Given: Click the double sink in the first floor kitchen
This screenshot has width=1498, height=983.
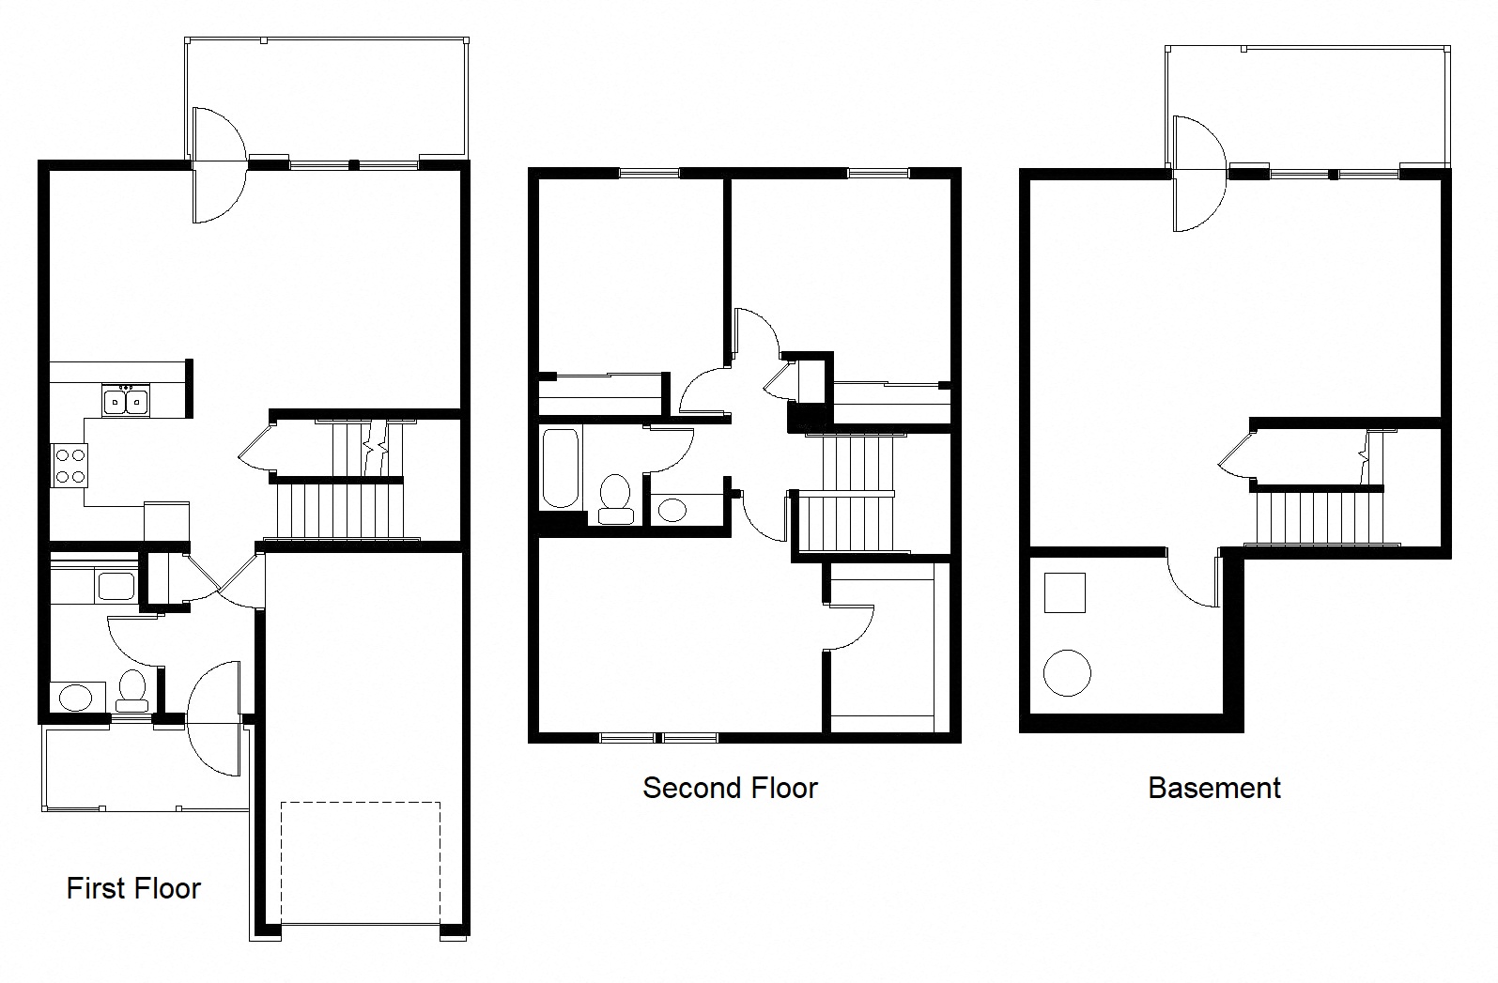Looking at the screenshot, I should [x=125, y=401].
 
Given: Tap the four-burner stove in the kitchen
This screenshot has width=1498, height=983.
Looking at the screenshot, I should [x=69, y=466].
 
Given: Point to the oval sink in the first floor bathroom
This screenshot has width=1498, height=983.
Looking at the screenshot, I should [x=75, y=698].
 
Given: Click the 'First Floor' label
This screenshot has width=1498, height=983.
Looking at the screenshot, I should [x=133, y=888].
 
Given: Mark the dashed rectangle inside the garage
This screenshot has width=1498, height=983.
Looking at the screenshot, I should [x=361, y=862].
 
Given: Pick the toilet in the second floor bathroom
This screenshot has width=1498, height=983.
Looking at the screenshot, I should [x=615, y=498].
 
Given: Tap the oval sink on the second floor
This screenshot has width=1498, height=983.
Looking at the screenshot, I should [x=672, y=510].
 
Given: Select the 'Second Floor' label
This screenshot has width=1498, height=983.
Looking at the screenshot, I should [x=730, y=787].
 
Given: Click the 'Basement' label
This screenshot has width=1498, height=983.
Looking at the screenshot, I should [x=1213, y=787].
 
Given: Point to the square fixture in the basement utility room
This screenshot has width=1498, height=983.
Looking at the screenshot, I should [x=1064, y=593].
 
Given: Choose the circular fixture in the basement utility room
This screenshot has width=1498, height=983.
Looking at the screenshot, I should [x=1067, y=672].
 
